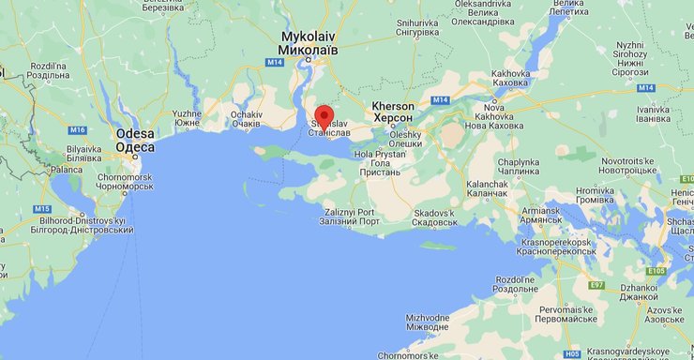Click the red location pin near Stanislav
tap(324, 117)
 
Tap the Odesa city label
tap(135, 140)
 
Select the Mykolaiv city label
tap(309, 42)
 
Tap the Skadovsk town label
tap(434, 217)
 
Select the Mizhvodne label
tap(428, 323)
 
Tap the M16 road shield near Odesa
tap(78, 129)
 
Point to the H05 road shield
tap(572, 353)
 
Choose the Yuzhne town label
tap(187, 118)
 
